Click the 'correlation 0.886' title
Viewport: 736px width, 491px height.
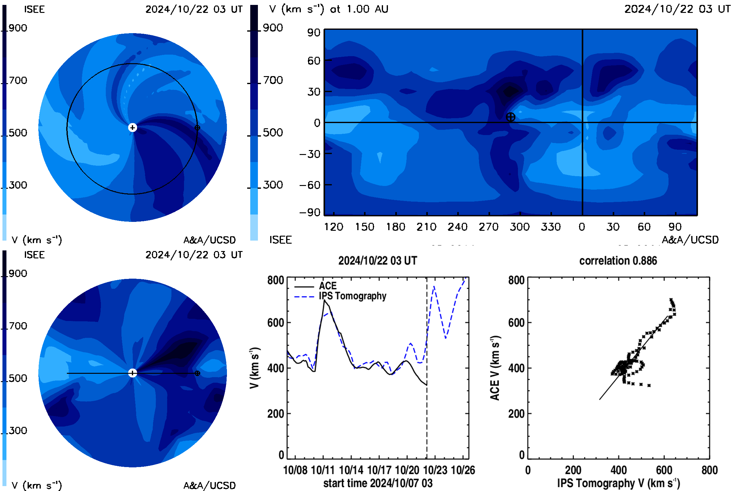[618, 261]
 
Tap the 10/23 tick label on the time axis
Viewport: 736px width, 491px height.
[435, 470]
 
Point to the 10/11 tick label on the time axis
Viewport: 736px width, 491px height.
[323, 470]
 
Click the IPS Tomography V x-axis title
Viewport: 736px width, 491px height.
[618, 483]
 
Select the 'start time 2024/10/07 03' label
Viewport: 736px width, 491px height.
[378, 483]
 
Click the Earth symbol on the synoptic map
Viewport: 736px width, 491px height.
[510, 117]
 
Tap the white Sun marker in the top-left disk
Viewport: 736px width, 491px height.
[132, 127]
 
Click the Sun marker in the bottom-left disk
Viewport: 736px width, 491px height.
[132, 373]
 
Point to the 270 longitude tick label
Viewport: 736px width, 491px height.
[489, 227]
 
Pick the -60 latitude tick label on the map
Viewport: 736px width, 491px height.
[310, 185]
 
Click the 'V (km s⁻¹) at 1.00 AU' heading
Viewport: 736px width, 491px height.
[328, 9]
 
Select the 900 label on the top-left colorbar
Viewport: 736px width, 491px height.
[18, 28]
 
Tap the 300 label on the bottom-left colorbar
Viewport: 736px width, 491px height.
[18, 431]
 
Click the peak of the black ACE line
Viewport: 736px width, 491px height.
[324, 300]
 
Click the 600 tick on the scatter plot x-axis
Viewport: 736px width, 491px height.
[664, 470]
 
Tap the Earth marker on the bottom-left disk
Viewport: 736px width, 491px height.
[197, 373]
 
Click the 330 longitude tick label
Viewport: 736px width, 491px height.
[551, 227]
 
